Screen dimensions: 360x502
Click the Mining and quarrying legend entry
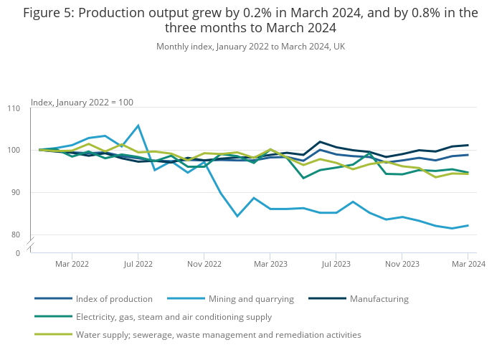pos(250,298)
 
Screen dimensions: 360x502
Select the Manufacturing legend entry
pos(379,298)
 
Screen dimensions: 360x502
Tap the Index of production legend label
pos(115,298)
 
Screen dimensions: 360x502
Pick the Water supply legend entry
pos(218,334)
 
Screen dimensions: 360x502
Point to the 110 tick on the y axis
pos(14,108)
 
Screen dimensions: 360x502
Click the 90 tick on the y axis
pos(16,193)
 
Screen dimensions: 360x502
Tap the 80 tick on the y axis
pos(16,235)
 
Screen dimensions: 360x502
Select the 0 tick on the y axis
pos(18,253)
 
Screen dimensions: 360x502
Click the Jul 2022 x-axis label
pos(138,264)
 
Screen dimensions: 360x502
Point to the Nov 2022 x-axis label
pos(204,264)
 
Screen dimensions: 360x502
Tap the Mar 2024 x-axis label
pos(468,264)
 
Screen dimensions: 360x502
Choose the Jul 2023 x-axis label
pos(336,264)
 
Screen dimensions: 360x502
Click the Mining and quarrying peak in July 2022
pos(138,125)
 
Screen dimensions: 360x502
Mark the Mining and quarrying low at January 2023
pos(237,216)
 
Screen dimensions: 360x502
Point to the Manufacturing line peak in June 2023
pos(320,142)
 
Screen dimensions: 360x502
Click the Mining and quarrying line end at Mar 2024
pos(468,225)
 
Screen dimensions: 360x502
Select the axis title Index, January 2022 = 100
pos(82,103)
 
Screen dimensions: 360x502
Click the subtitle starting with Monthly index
pos(250,47)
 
